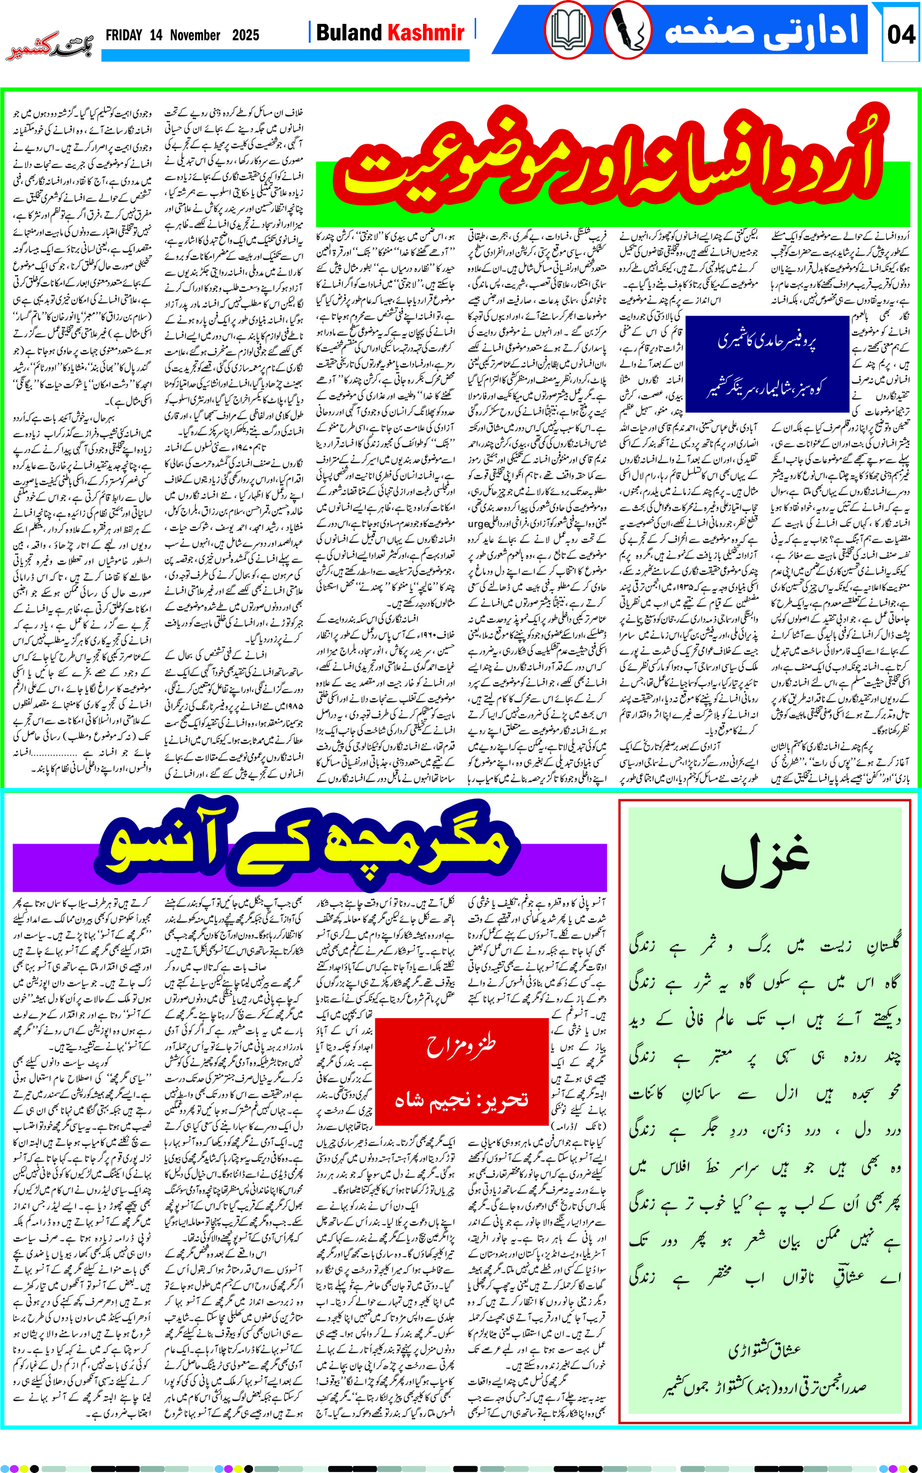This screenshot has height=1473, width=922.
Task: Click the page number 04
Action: tap(901, 34)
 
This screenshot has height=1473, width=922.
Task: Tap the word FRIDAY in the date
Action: tap(124, 35)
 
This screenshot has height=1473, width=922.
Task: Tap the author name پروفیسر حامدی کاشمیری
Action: tap(766, 342)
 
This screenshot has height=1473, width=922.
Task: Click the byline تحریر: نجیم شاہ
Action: tap(461, 1099)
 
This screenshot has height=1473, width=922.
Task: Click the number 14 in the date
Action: tap(156, 35)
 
